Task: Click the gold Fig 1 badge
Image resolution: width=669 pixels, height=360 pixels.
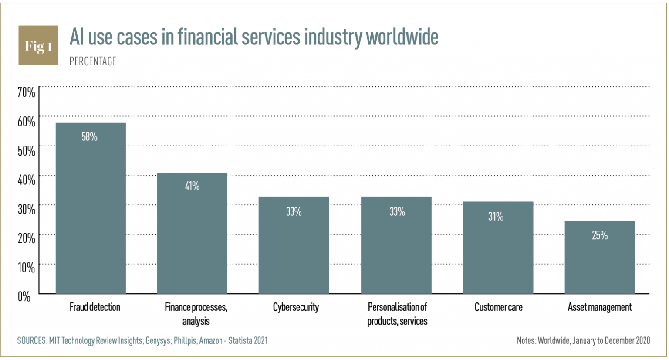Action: pos(38,45)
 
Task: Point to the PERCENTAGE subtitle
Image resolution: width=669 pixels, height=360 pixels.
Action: pos(93,61)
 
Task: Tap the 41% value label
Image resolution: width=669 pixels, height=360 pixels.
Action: pos(192,186)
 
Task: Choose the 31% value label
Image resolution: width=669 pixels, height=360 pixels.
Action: pos(496,216)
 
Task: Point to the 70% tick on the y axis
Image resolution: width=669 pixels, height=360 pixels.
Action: pos(26,92)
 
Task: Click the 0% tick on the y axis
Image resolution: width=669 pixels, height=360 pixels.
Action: pos(24,297)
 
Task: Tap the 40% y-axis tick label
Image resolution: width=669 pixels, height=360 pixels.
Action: pos(26,180)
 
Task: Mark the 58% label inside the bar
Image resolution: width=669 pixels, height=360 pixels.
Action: pos(89,137)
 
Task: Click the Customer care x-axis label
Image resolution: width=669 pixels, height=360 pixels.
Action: pos(498,307)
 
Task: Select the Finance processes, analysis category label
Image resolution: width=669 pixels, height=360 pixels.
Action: pos(196,314)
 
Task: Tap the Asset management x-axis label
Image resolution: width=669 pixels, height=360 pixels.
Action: pos(599,307)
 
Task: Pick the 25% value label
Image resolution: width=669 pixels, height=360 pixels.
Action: pos(599,236)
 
